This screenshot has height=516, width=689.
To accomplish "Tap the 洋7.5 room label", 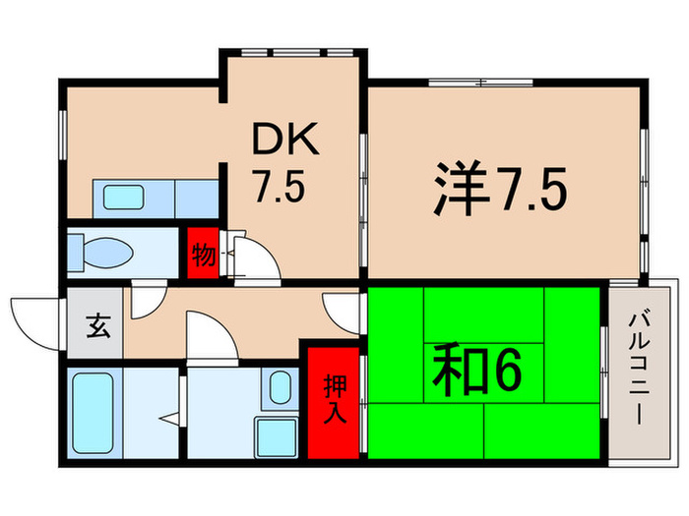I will pos(499,192).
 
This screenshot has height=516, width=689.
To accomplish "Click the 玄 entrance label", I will pos(95,323).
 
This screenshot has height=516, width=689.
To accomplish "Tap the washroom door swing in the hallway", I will pos(212,333).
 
